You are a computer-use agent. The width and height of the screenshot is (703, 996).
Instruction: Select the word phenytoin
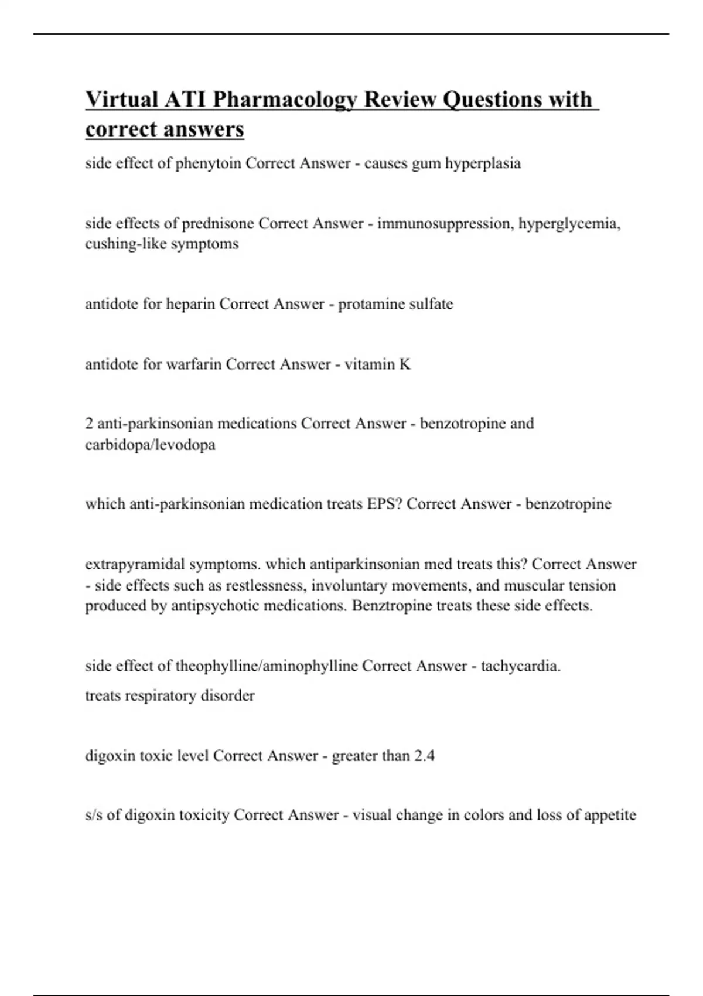208,163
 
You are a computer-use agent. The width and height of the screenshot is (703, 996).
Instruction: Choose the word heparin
190,304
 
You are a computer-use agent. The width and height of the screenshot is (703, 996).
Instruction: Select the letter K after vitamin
405,364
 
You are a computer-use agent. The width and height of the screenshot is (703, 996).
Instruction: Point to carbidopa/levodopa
150,445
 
